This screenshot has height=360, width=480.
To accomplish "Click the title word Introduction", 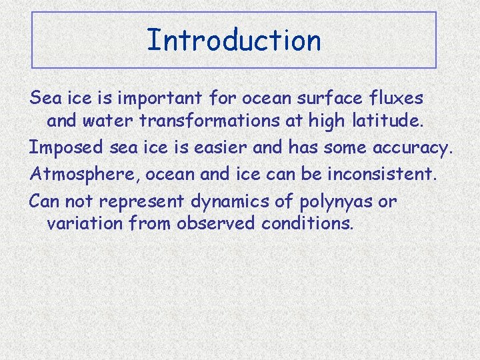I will (233, 40).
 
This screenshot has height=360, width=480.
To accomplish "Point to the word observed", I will (215, 222).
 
